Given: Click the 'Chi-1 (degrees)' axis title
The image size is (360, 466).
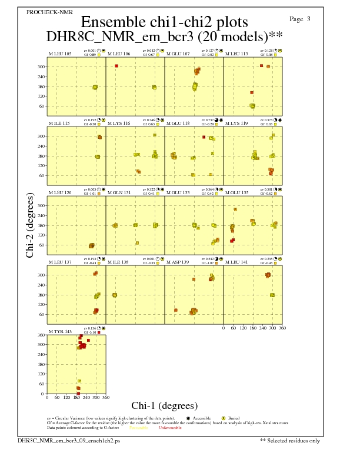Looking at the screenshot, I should point(164,405).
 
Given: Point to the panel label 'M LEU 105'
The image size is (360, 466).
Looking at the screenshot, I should point(60,54).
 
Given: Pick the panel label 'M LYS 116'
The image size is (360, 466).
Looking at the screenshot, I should point(119,124).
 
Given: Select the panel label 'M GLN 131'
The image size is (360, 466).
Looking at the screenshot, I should point(119,192).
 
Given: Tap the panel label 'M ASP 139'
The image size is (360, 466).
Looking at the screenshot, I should point(178,262).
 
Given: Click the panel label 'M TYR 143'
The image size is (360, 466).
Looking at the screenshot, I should point(60,331).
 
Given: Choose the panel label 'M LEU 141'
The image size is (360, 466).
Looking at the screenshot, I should point(236,262).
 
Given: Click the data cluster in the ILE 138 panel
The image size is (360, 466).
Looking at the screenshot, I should point(115,295).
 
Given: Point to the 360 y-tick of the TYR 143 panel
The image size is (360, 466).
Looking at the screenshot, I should point(41,335).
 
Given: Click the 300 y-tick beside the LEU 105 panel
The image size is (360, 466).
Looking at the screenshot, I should point(41,67).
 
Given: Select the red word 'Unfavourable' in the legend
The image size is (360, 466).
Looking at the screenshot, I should point(170,428).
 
